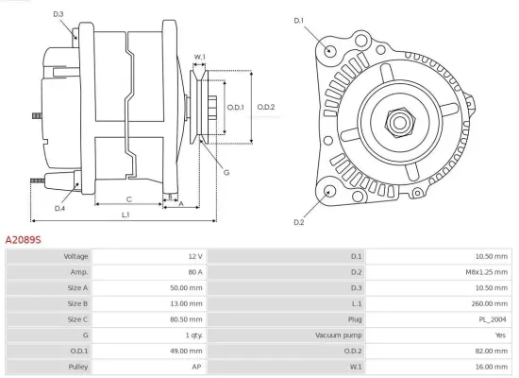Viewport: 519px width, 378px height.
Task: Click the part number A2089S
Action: tap(24, 241)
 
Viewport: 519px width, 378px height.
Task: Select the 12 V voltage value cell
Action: tap(194, 256)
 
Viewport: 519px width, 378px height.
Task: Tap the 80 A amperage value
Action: tap(194, 272)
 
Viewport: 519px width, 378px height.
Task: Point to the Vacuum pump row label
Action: tap(337, 335)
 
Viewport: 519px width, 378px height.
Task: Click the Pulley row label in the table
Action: tap(77, 366)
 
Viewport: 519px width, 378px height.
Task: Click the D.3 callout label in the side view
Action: tap(59, 14)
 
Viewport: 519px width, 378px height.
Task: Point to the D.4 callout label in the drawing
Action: tap(59, 208)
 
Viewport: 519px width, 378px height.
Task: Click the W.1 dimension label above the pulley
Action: tap(200, 58)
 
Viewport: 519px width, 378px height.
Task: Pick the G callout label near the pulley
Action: tap(226, 171)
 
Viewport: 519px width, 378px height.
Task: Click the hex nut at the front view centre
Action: tap(396, 121)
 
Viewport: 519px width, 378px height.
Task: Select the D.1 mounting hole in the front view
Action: tap(329, 50)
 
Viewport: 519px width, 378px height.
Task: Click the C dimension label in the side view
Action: tap(128, 199)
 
